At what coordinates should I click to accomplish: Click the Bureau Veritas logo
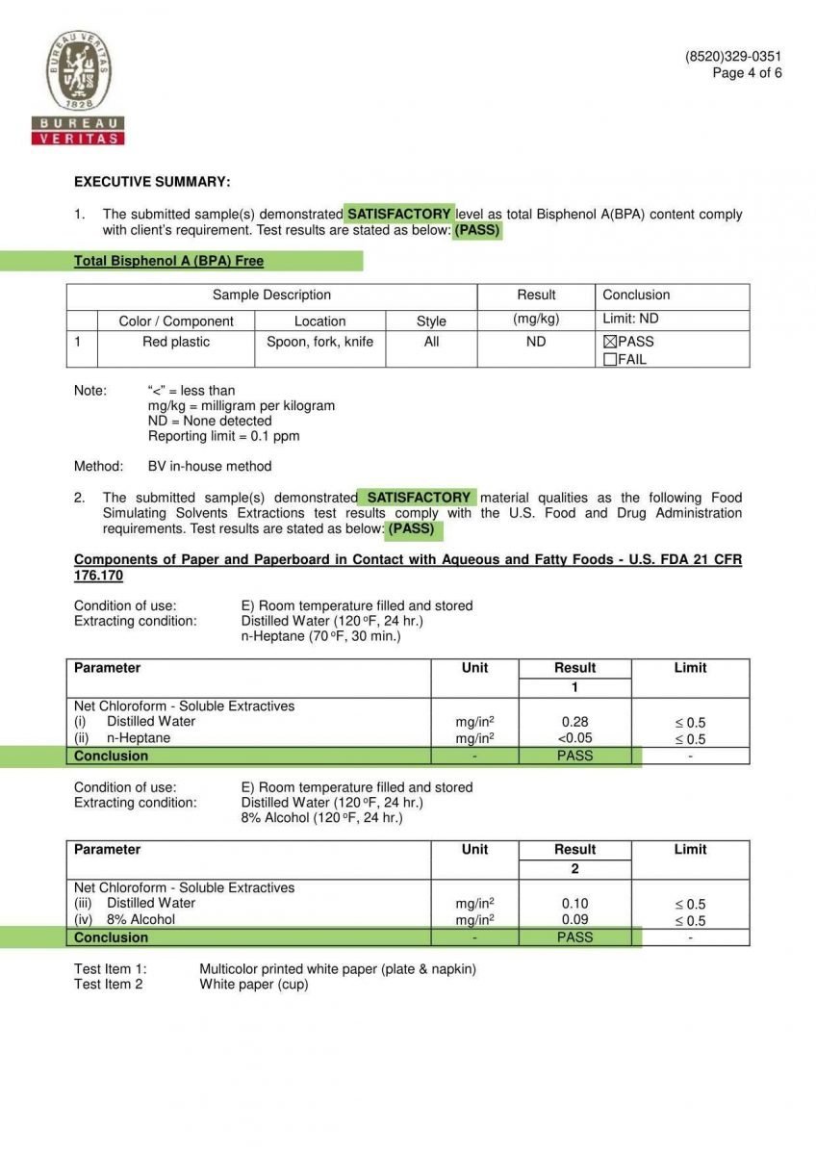(x=78, y=88)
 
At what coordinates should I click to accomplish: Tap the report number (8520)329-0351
(x=733, y=57)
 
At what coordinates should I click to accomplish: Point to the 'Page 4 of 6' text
(x=747, y=73)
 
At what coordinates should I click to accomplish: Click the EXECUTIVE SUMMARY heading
(x=152, y=182)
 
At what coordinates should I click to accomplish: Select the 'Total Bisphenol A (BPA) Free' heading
(x=168, y=261)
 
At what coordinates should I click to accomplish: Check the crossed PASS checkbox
(x=609, y=342)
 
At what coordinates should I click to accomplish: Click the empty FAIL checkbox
(x=609, y=360)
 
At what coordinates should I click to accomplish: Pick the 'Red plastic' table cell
(x=176, y=342)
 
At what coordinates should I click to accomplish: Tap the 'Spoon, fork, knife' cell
(x=319, y=342)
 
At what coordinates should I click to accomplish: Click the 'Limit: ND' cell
(x=630, y=319)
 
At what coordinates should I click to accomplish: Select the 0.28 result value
(x=574, y=722)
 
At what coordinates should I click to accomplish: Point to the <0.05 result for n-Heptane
(x=574, y=738)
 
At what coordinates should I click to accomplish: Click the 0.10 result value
(x=574, y=904)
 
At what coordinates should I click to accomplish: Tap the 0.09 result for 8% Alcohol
(x=574, y=920)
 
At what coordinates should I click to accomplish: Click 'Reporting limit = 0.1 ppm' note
(x=223, y=436)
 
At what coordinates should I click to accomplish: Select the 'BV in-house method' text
(x=210, y=467)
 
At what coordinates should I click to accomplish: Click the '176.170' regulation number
(x=98, y=576)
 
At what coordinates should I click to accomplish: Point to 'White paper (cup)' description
(x=254, y=985)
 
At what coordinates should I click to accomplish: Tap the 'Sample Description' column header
(x=271, y=295)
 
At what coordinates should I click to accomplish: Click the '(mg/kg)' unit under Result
(x=536, y=319)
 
